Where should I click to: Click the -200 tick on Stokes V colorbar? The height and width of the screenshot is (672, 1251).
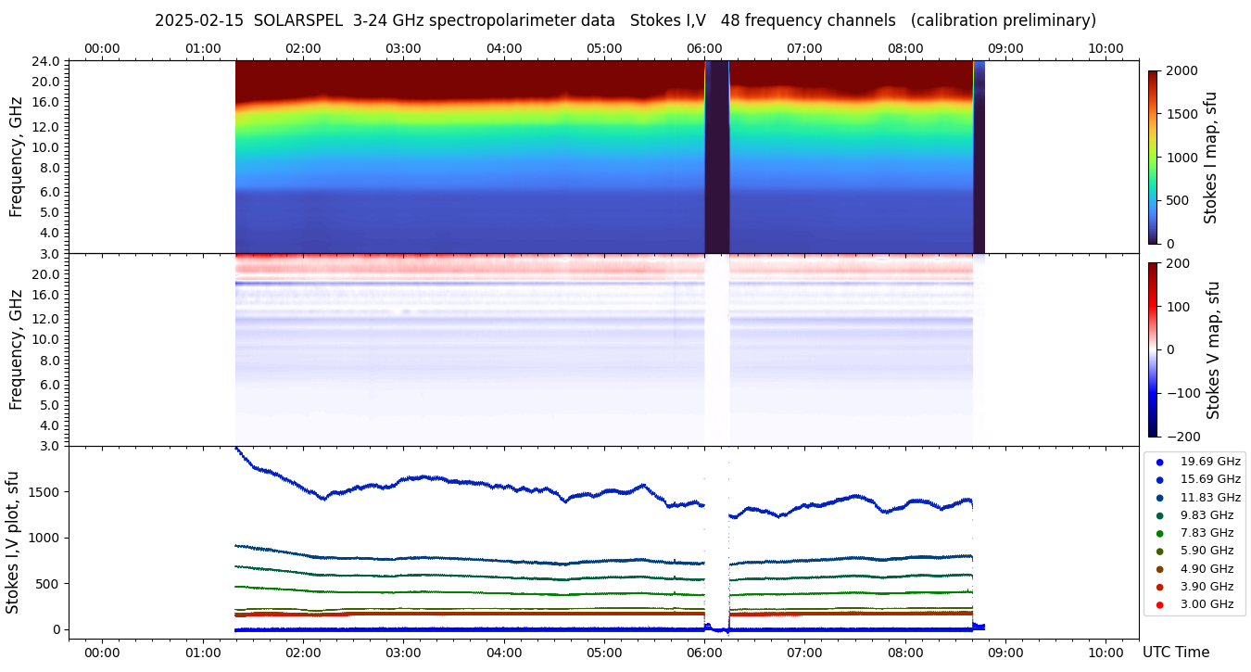tap(1182, 437)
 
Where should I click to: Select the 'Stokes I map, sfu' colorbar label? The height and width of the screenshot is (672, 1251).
tap(1211, 157)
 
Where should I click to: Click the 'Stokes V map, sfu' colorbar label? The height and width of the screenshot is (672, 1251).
tap(1213, 349)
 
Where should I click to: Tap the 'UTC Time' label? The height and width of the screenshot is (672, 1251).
tap(1175, 653)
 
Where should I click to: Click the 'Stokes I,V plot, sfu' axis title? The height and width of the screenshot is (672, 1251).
tap(13, 542)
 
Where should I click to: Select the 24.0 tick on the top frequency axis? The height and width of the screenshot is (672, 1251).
tap(47, 61)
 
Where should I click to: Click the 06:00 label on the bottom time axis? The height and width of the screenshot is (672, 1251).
tap(704, 653)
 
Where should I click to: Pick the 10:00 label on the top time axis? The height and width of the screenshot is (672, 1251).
tap(1106, 48)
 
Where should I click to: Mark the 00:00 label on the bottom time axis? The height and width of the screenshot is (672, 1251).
tap(102, 653)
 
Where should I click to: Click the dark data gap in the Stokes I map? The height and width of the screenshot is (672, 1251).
tap(717, 158)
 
